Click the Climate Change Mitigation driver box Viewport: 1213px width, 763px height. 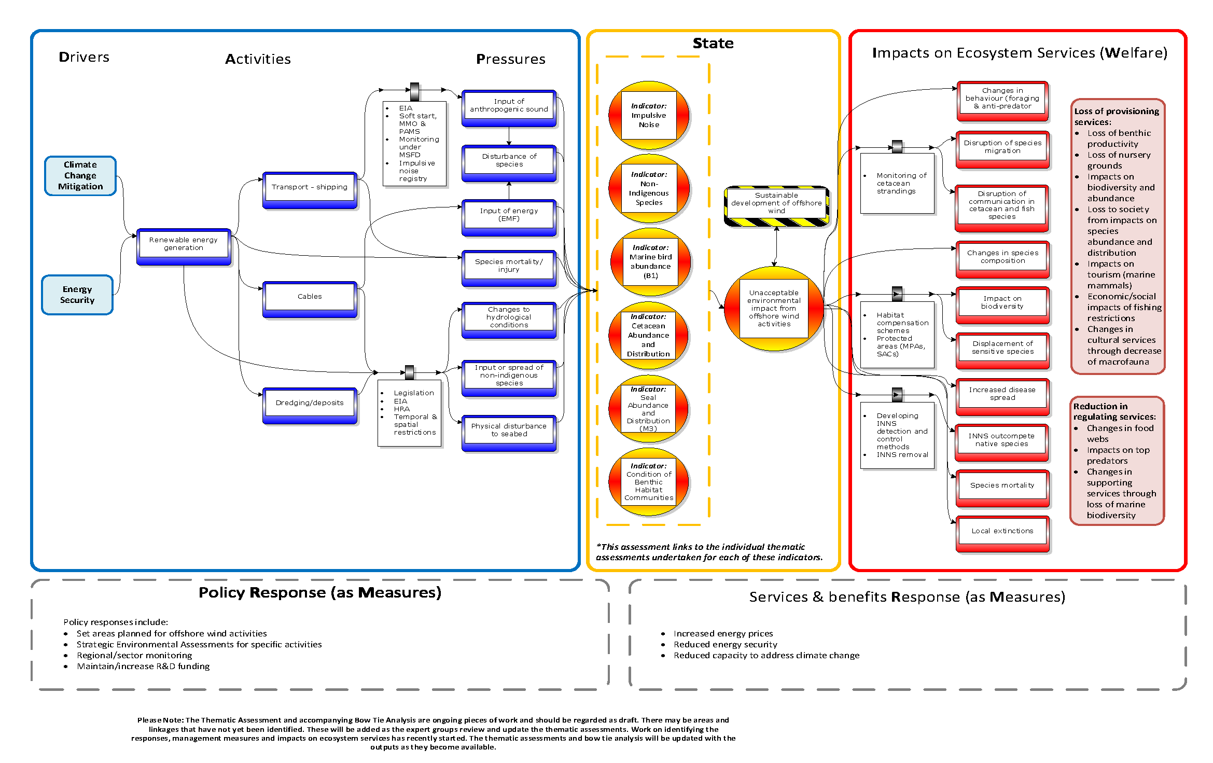click(x=80, y=176)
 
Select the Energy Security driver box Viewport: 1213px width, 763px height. click(x=77, y=295)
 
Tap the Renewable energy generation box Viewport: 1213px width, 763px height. click(x=183, y=244)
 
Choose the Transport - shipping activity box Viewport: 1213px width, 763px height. click(x=310, y=187)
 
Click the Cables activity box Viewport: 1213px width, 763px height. click(x=310, y=297)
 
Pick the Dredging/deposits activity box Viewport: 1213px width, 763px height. click(x=310, y=403)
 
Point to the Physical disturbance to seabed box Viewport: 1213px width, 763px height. click(x=509, y=431)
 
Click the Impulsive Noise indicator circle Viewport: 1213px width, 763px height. click(x=649, y=116)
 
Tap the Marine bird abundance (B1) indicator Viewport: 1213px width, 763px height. click(x=650, y=262)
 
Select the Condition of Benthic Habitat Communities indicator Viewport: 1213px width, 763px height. click(x=649, y=482)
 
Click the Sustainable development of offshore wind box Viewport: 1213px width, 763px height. click(x=776, y=204)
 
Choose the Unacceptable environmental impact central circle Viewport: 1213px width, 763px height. click(x=774, y=309)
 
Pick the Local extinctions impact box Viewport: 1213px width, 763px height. click(x=1002, y=532)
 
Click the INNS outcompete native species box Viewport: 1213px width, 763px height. click(x=1001, y=440)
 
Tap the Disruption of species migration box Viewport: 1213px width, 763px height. click(x=1002, y=147)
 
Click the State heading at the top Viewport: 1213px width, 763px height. click(x=713, y=44)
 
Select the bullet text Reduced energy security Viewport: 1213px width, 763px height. click(x=725, y=645)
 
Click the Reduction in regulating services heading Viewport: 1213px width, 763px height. click(x=1114, y=412)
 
